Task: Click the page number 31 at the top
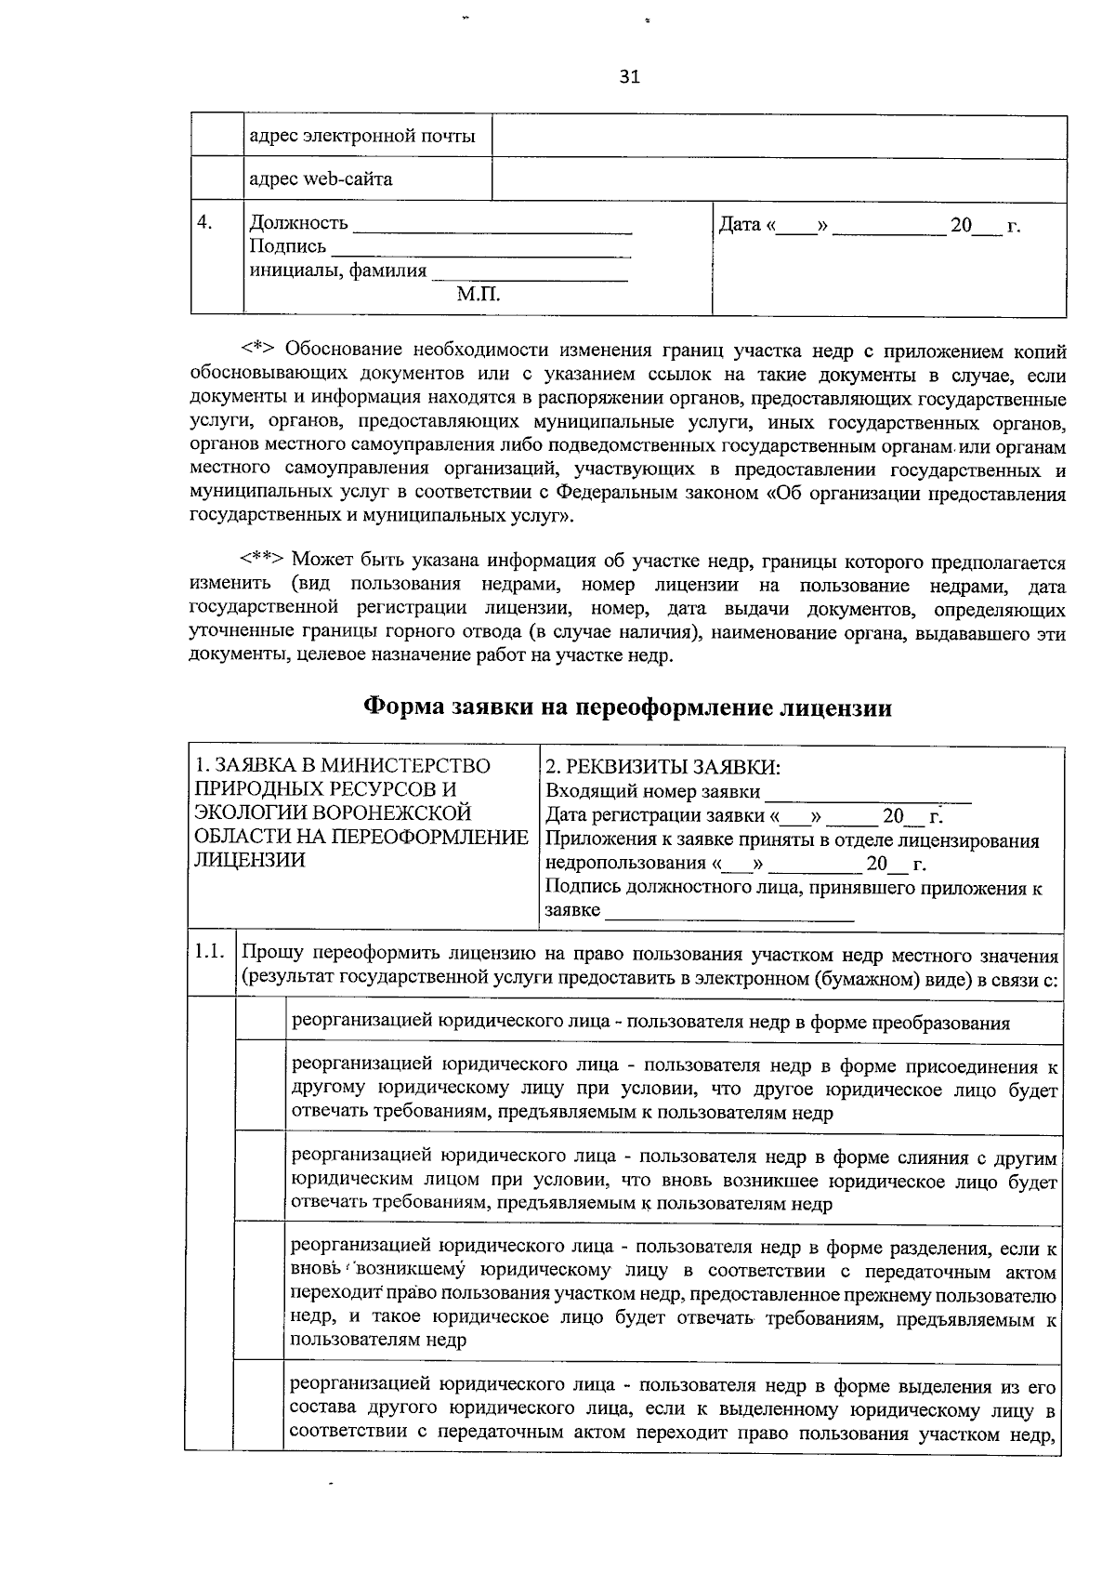coord(629,77)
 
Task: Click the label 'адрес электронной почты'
coord(362,137)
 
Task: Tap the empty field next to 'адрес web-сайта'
coord(778,180)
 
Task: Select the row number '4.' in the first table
coord(205,223)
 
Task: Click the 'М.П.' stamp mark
coord(479,296)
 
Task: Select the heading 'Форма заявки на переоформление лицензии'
coord(627,708)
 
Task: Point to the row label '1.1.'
coord(210,953)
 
